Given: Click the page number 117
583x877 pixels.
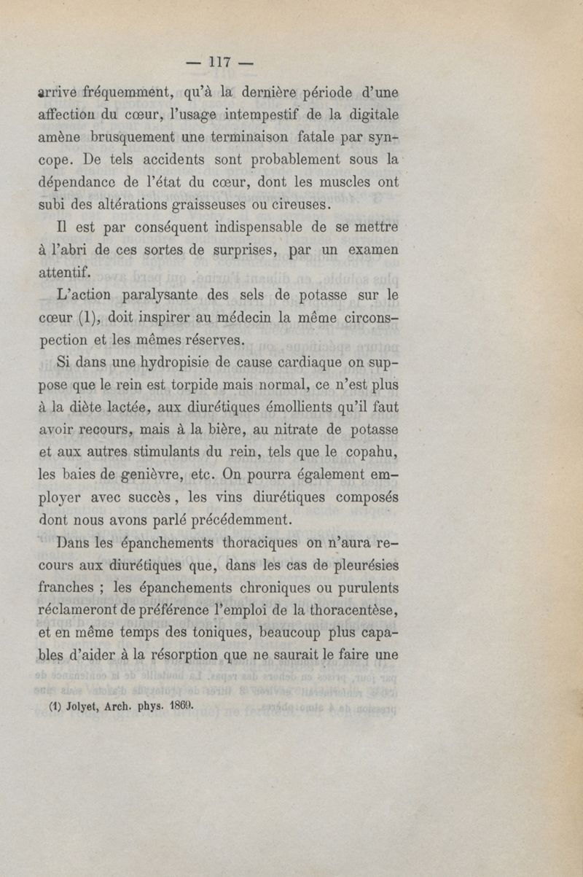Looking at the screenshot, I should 219,63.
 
